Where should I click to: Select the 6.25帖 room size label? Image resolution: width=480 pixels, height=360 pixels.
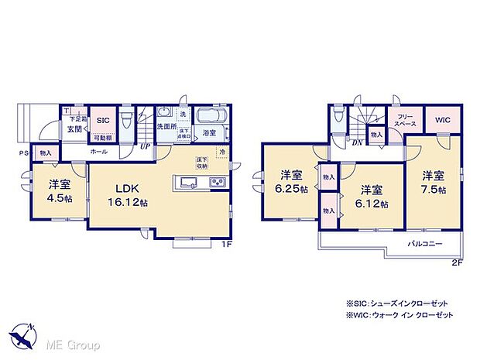click(293, 189)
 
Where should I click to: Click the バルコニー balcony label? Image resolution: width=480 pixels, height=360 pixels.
click(424, 242)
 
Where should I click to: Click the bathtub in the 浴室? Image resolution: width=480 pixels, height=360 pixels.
click(211, 118)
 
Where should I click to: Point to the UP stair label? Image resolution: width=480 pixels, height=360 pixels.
click(145, 146)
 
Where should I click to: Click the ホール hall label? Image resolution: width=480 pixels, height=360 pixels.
click(98, 152)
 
